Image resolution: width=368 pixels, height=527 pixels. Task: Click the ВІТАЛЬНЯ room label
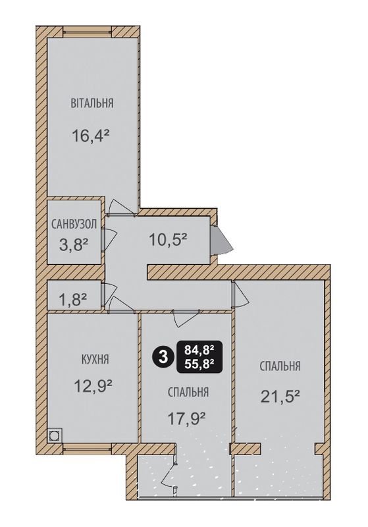pyautogui.click(x=92, y=103)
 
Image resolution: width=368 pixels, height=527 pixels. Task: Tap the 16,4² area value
pyautogui.click(x=91, y=136)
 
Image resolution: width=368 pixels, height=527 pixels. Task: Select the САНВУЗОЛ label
pyautogui.click(x=74, y=224)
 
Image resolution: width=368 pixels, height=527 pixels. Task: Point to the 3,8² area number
pyautogui.click(x=74, y=245)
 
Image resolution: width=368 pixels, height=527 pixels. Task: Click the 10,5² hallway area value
pyautogui.click(x=168, y=240)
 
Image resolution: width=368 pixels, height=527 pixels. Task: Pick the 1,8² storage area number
pyautogui.click(x=73, y=299)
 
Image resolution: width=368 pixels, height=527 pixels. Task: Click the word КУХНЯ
pyautogui.click(x=95, y=359)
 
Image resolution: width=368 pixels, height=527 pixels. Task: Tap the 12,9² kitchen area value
pyautogui.click(x=93, y=386)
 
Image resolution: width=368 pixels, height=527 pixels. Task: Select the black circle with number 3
pyautogui.click(x=163, y=357)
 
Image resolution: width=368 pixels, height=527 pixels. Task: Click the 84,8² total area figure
pyautogui.click(x=199, y=350)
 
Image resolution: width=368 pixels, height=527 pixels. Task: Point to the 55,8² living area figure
pyautogui.click(x=199, y=364)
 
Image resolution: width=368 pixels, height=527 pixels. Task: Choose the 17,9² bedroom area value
pyautogui.click(x=187, y=419)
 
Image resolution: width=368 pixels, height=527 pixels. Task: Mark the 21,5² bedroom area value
pyautogui.click(x=280, y=397)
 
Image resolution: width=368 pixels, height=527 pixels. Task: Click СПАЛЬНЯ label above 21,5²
pyautogui.click(x=280, y=366)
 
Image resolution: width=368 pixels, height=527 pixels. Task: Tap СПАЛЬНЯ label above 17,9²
pyautogui.click(x=188, y=392)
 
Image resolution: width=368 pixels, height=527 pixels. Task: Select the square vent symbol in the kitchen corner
pyautogui.click(x=55, y=435)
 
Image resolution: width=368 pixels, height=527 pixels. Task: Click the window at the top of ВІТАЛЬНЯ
pyautogui.click(x=88, y=32)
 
